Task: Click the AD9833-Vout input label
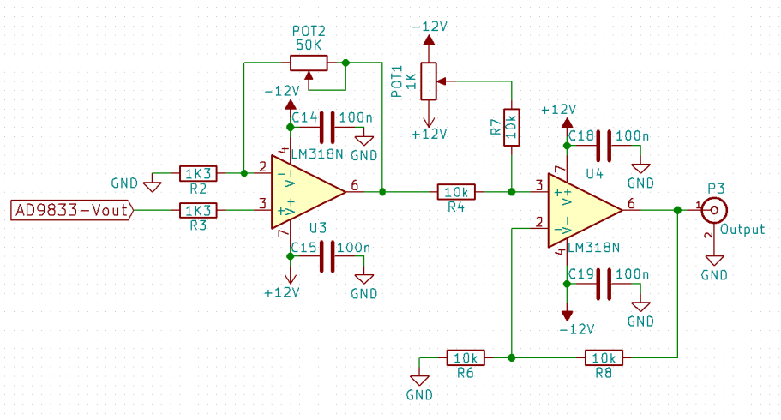(72, 210)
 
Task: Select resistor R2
(198, 173)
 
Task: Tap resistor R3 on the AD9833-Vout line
(198, 210)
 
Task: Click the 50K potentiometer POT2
(309, 63)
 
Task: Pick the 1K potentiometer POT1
(429, 81)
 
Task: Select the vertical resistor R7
(512, 128)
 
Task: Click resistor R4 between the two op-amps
(456, 192)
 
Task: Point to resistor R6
(466, 357)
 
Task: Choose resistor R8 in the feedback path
(604, 357)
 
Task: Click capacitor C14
(327, 128)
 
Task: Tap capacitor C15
(327, 256)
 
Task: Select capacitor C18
(604, 146)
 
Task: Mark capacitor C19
(604, 284)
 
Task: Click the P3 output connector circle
(714, 210)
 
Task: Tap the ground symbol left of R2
(152, 187)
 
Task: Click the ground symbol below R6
(419, 381)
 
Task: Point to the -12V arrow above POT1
(429, 40)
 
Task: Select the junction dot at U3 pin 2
(244, 173)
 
